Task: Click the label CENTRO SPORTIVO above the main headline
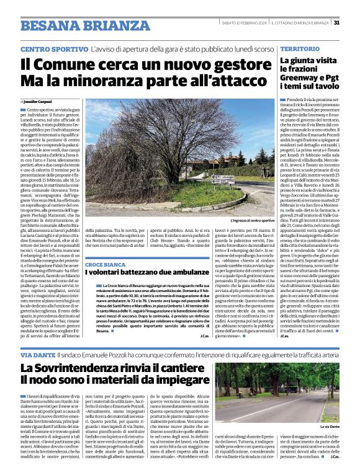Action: (53, 48)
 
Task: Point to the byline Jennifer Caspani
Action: (38, 100)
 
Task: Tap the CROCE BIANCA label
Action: (104, 265)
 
